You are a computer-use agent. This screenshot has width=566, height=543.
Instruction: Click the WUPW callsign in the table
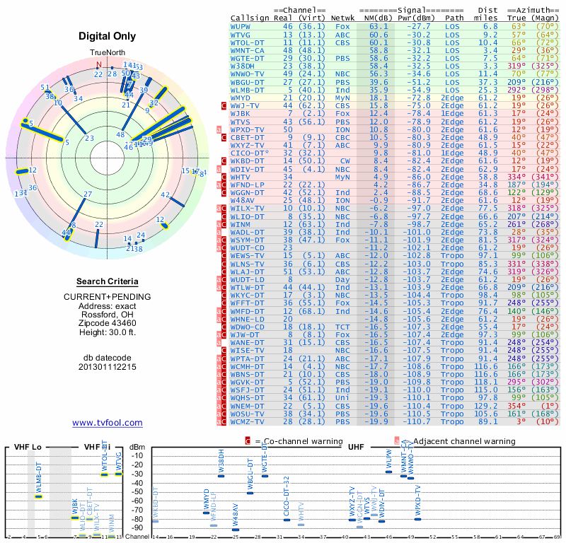(x=242, y=25)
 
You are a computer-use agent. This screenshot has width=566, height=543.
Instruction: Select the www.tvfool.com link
(x=108, y=423)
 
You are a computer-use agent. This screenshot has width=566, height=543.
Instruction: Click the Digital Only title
(x=108, y=36)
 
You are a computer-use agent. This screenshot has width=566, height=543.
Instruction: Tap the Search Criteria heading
(x=108, y=281)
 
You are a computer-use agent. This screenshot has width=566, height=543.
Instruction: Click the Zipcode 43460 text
(x=108, y=322)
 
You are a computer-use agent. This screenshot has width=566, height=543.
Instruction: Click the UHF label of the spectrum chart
(x=357, y=448)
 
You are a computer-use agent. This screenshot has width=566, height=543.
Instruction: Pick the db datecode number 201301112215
(x=108, y=367)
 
